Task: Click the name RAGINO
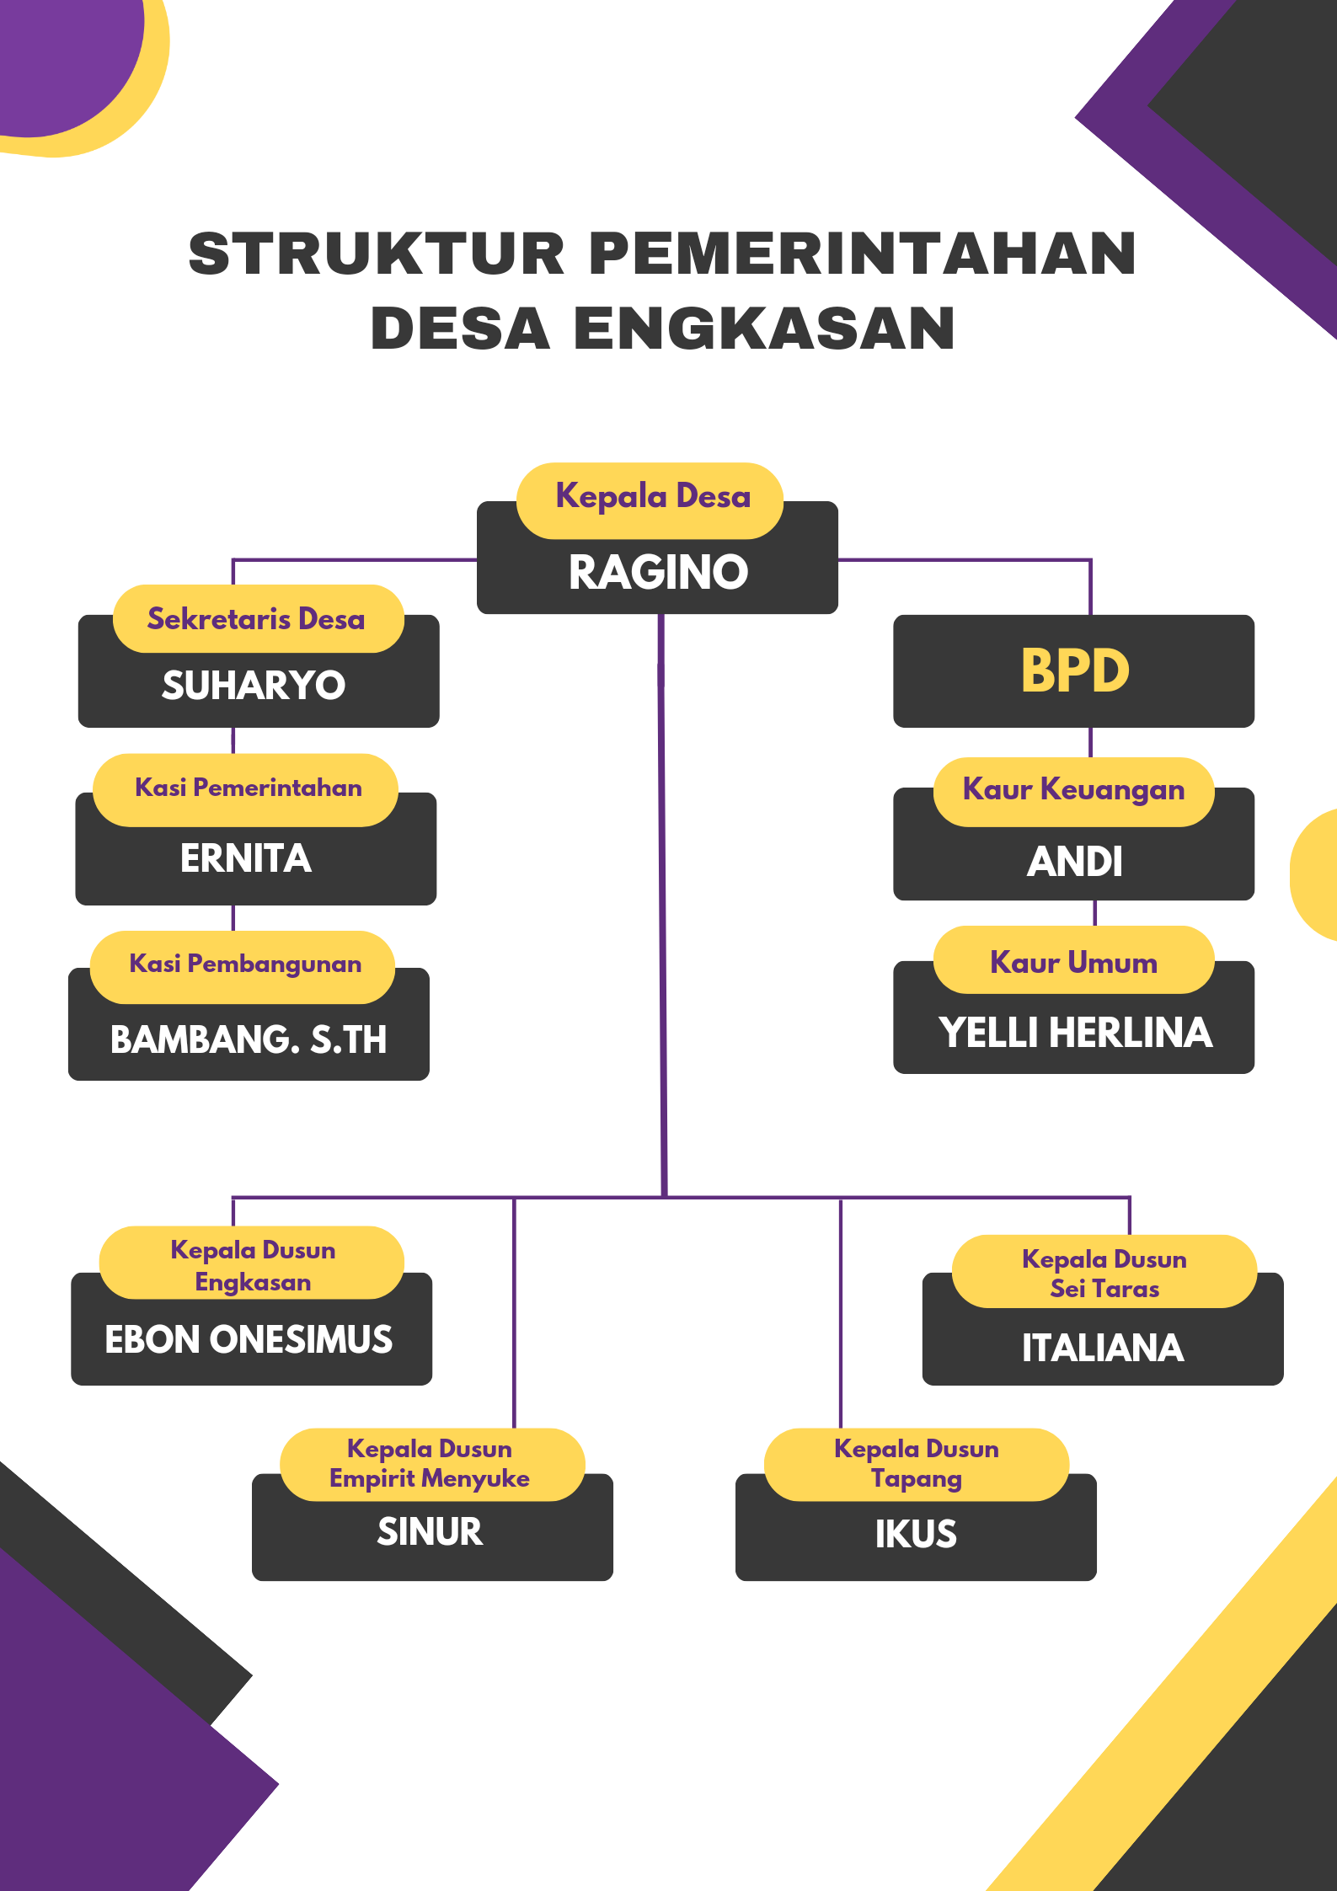[x=658, y=572]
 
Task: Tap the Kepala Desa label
[x=653, y=497]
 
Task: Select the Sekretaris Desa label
[x=256, y=619]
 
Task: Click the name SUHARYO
[x=254, y=685]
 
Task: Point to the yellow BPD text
[x=1075, y=670]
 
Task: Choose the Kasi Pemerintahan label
[x=249, y=788]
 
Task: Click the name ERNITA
[x=246, y=858]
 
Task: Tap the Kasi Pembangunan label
[x=245, y=964]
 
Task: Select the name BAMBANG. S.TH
[x=249, y=1039]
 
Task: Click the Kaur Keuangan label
[x=1074, y=790]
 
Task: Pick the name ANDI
[x=1075, y=862]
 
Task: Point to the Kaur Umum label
[x=1074, y=962]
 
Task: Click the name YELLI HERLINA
[x=1076, y=1033]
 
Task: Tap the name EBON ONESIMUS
[x=249, y=1339]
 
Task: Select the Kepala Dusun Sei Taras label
[x=1104, y=1274]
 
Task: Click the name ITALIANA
[x=1103, y=1348]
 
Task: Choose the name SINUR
[x=430, y=1531]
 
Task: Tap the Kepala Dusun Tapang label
[x=917, y=1464]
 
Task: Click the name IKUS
[x=916, y=1534]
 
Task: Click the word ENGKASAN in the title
[x=765, y=328]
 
